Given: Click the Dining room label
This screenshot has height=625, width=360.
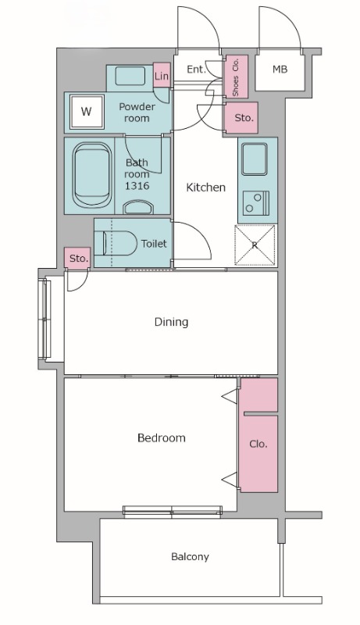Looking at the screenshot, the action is [x=171, y=322].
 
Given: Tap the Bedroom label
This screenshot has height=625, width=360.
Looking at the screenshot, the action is [x=162, y=437].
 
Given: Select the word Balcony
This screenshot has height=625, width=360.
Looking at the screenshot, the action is [x=190, y=557].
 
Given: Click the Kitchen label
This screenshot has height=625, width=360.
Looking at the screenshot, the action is [x=206, y=187].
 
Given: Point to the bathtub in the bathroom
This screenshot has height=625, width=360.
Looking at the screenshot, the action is [x=92, y=175].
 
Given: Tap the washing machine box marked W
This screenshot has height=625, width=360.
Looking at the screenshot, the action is [x=87, y=112].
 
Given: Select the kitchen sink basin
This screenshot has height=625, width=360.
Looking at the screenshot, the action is [x=255, y=159].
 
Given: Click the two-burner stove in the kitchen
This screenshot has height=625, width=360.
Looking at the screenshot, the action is [x=256, y=203].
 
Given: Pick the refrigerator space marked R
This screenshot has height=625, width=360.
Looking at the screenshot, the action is [x=255, y=245].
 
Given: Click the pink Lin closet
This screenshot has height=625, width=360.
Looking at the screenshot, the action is [x=162, y=75].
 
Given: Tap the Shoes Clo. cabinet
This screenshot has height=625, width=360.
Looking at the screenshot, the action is [x=236, y=77].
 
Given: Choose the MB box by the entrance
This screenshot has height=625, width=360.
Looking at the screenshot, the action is [x=280, y=70].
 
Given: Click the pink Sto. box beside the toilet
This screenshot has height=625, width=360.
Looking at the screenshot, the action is [x=77, y=259].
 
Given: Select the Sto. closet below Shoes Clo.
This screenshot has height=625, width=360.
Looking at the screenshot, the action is [x=242, y=118].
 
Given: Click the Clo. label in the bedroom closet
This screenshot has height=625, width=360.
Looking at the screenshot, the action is [x=258, y=444].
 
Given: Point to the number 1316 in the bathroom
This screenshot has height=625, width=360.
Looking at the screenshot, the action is [x=137, y=185].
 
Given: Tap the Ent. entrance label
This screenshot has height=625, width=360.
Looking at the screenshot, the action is [x=196, y=70].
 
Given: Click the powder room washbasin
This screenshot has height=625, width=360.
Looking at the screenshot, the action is [x=130, y=76].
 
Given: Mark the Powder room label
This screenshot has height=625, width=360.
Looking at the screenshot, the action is [x=137, y=112].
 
